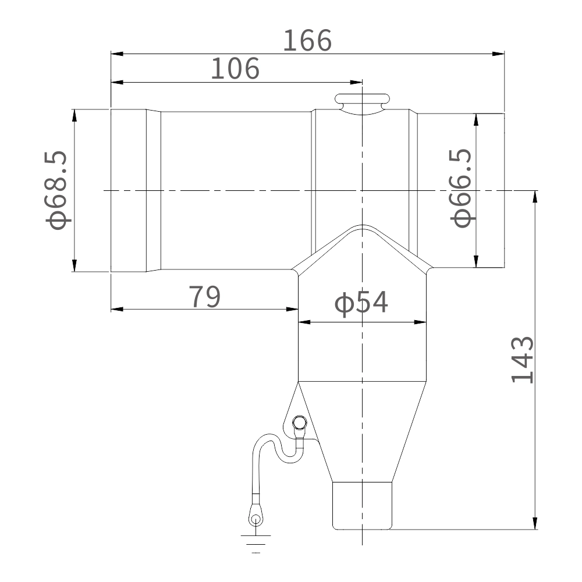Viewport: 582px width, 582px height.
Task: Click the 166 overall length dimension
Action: (x=307, y=40)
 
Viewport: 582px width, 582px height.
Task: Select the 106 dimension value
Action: (x=235, y=69)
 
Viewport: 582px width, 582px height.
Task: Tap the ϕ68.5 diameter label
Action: (x=57, y=190)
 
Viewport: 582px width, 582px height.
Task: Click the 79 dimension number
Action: (x=204, y=297)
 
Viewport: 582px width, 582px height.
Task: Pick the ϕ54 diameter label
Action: (x=361, y=303)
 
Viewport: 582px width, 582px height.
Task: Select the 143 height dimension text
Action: (x=523, y=360)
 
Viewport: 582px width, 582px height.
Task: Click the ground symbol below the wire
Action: (x=255, y=544)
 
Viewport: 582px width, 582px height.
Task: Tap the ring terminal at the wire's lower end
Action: (x=255, y=515)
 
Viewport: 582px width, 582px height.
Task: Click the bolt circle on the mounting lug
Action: (x=300, y=423)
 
